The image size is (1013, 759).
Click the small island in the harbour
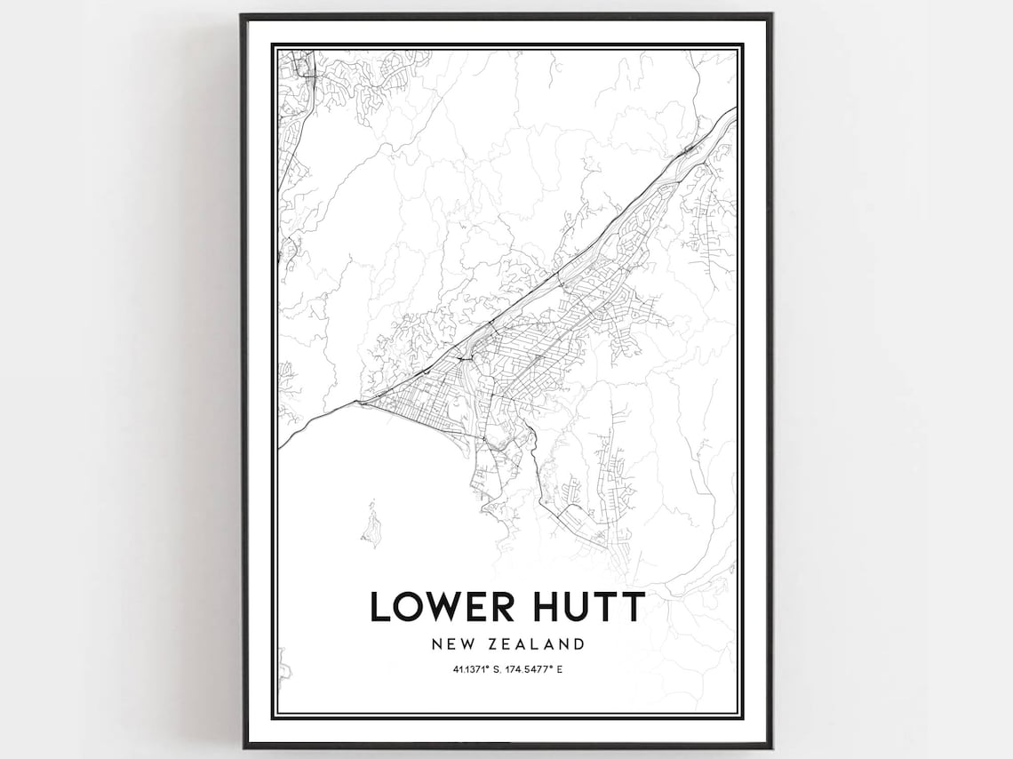(371, 524)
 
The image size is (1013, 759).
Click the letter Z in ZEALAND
(489, 643)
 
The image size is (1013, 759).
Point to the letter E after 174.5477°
(562, 668)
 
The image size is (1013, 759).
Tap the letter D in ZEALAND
(578, 643)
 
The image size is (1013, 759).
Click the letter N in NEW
(433, 643)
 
